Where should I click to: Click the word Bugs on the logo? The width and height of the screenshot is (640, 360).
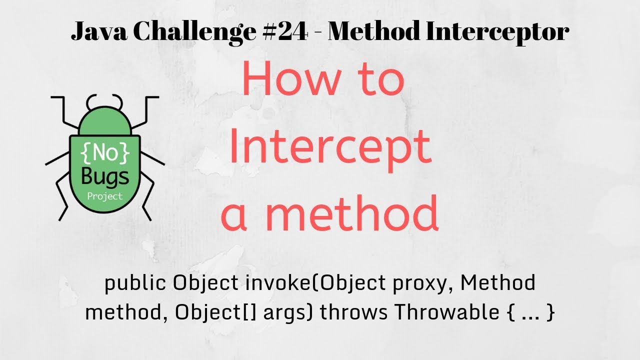104,176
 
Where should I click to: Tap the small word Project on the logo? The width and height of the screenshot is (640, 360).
104,195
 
